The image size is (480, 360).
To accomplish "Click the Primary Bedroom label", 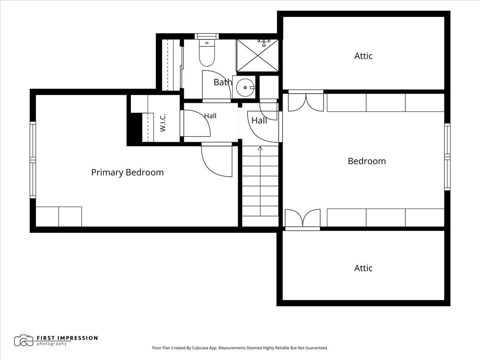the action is [x=128, y=172].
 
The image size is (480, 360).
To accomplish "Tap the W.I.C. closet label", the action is [x=163, y=123].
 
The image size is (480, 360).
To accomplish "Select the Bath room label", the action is [x=223, y=82].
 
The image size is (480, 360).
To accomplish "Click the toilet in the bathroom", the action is [x=207, y=53].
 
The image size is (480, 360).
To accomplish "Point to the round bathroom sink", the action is [x=245, y=88].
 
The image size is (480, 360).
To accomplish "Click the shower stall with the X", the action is [x=258, y=55].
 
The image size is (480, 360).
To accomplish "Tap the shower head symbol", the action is [x=264, y=43].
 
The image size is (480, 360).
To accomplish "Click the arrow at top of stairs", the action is [x=260, y=148].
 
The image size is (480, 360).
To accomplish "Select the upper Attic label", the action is [x=364, y=56].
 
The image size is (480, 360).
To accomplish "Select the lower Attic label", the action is [x=363, y=268].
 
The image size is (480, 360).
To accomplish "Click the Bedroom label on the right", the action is [x=367, y=161].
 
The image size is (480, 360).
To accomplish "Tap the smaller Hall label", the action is [x=210, y=116].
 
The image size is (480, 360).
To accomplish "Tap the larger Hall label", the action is [x=259, y=120].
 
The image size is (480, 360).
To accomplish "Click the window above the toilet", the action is [x=207, y=36].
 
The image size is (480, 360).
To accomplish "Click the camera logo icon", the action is [x=24, y=340].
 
